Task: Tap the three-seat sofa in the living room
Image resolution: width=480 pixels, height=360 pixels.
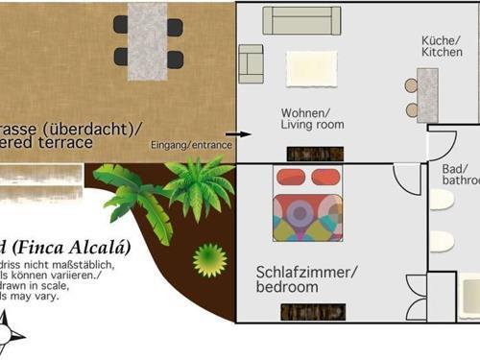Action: [300, 21]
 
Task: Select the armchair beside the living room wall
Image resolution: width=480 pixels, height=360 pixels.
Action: [251, 62]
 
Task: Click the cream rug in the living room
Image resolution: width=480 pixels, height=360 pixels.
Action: [311, 68]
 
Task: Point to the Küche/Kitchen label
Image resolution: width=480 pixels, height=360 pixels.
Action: [443, 46]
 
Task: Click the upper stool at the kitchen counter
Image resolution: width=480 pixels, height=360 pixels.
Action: [411, 85]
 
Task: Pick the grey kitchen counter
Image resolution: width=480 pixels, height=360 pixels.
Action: [427, 95]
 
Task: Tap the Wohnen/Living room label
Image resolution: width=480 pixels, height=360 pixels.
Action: [312, 118]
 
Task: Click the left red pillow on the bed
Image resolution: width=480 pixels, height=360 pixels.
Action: [290, 178]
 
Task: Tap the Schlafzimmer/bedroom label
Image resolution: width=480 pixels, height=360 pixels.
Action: [306, 278]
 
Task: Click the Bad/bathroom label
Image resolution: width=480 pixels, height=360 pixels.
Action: [460, 174]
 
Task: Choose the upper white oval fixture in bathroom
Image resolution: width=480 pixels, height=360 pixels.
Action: [442, 200]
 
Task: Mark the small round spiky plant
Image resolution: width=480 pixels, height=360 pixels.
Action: [209, 259]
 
